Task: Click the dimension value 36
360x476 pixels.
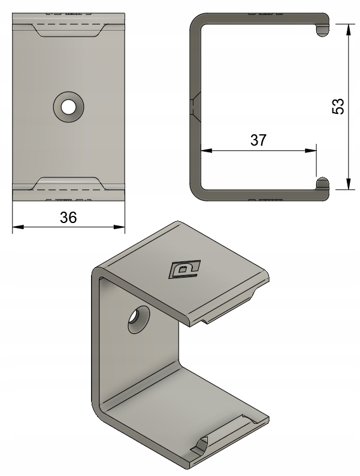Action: click(68, 218)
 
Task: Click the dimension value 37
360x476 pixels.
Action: click(258, 140)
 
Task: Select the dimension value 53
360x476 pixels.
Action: click(338, 107)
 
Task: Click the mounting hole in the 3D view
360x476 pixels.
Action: click(138, 320)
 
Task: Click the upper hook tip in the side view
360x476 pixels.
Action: click(322, 29)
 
